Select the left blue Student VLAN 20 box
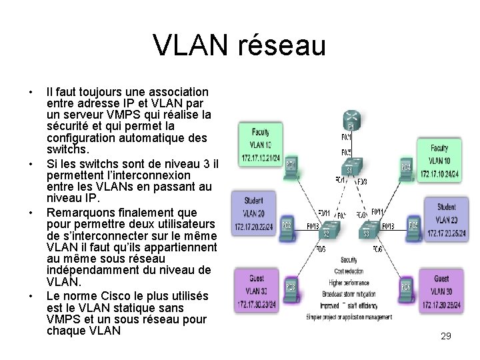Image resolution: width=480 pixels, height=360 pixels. point(253,213)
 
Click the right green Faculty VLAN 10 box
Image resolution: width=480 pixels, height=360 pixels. point(439,159)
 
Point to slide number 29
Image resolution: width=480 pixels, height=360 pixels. point(446,337)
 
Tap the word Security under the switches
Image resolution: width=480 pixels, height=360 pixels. point(349,259)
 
